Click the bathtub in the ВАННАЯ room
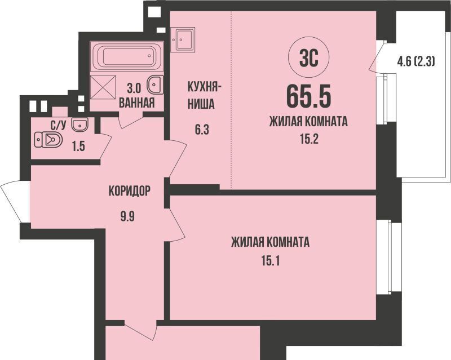point(126,56)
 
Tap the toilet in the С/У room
point(48,140)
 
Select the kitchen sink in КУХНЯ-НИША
point(183,39)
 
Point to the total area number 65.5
point(308,96)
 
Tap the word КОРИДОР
point(130,190)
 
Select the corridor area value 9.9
point(128,216)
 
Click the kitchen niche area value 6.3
point(202,130)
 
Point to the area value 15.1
point(271,261)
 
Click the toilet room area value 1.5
point(78,146)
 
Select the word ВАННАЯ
point(136,103)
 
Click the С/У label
point(59,126)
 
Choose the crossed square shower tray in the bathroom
point(103,88)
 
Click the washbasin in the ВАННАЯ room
point(156,85)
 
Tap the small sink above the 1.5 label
point(80,125)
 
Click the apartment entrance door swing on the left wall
point(11,201)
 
